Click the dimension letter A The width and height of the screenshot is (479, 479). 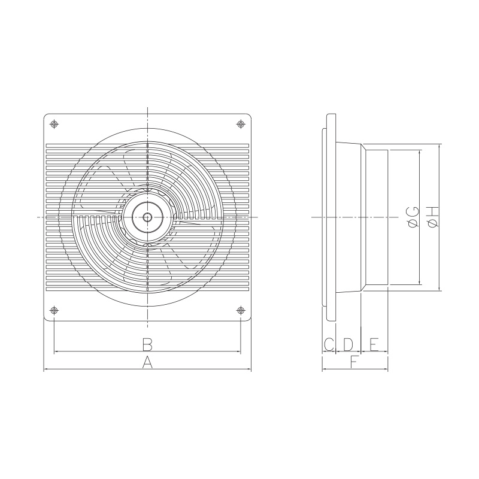147,362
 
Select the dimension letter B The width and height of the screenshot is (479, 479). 147,344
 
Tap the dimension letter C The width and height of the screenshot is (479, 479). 329,344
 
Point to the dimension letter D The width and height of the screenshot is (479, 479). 348,344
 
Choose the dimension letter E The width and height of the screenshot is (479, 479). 375,344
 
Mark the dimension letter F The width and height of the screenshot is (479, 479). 354,362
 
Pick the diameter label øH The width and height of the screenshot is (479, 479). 433,217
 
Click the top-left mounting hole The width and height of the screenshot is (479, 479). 54,124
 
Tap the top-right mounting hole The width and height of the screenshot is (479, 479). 241,124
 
